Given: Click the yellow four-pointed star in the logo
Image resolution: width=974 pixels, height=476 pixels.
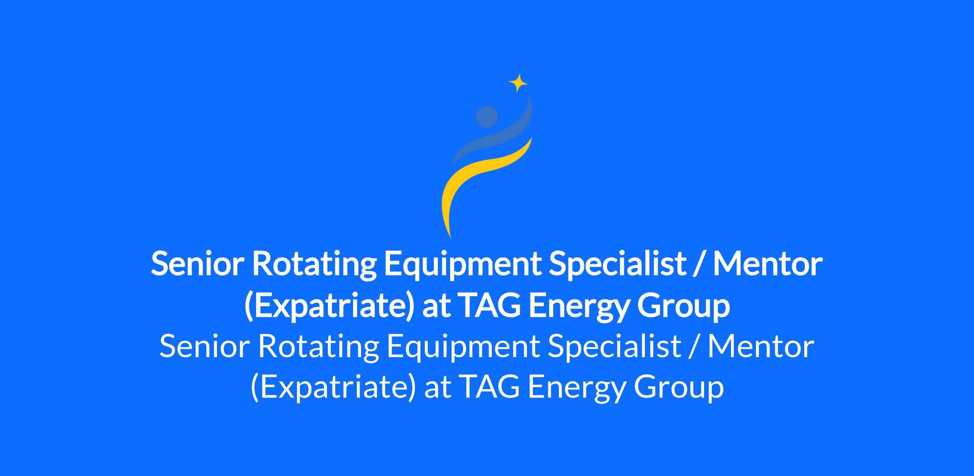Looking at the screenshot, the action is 518,83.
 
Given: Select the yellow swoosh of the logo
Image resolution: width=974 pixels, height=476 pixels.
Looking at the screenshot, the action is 479,179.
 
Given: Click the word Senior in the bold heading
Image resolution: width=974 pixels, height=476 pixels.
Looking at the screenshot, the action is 198,264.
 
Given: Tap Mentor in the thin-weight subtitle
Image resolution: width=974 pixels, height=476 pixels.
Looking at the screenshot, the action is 761,347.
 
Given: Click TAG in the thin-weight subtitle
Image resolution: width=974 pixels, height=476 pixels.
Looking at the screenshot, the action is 491,387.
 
